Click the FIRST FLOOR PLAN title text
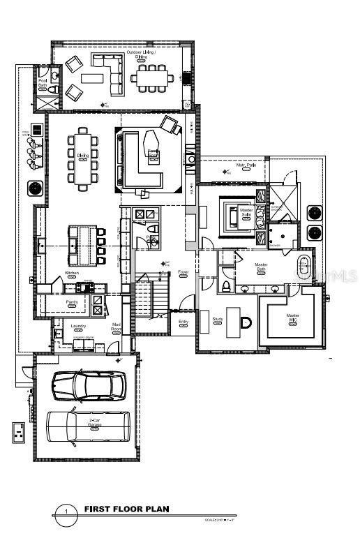pyautogui.click(x=126, y=509)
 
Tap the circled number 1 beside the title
pyautogui.click(x=66, y=512)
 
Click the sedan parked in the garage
pyautogui.click(x=89, y=385)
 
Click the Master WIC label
pyautogui.click(x=293, y=318)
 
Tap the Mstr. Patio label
pyautogui.click(x=245, y=165)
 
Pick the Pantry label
pyautogui.click(x=71, y=302)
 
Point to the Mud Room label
pyautogui.click(x=117, y=327)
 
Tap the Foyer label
pyautogui.click(x=183, y=271)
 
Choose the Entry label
pyautogui.click(x=183, y=322)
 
